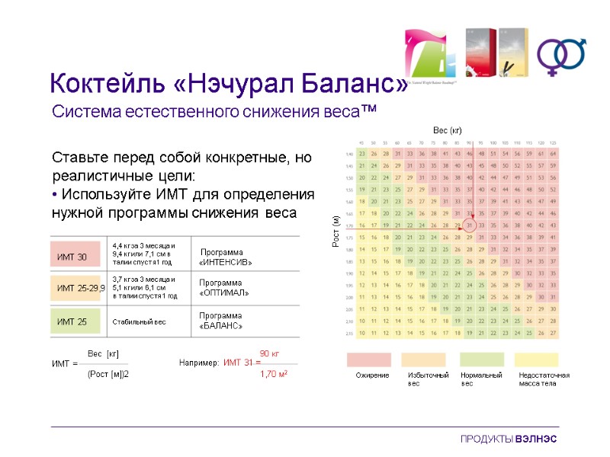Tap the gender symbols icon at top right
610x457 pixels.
(x=561, y=54)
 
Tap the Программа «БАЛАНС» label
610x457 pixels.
(x=221, y=321)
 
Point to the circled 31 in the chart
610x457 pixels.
(x=470, y=225)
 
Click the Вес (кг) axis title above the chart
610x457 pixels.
(x=448, y=130)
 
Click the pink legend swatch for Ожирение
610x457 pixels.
(x=369, y=360)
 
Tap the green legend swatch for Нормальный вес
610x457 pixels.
(x=482, y=360)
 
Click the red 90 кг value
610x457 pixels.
(x=270, y=353)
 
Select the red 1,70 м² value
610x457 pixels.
(x=273, y=374)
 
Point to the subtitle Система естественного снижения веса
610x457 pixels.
(x=214, y=112)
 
